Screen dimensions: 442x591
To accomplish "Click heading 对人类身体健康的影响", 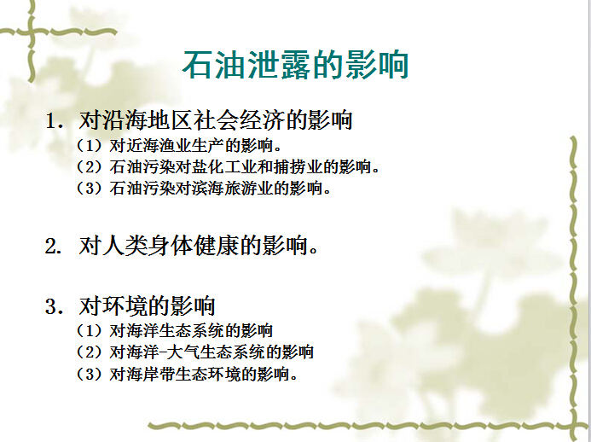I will coord(200,247).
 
